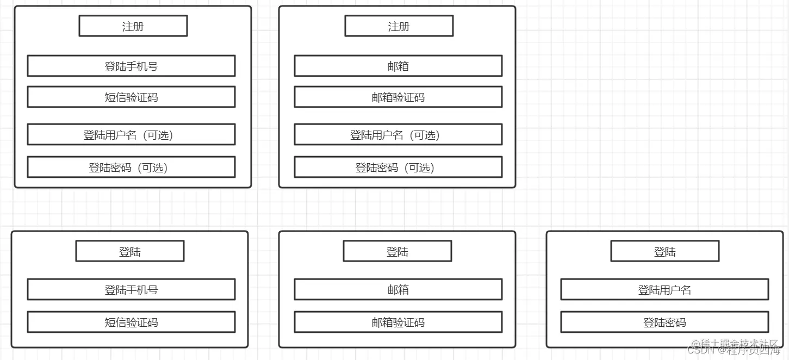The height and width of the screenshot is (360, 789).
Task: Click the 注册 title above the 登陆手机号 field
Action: click(x=133, y=26)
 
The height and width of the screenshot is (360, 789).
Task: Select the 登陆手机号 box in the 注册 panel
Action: click(x=131, y=66)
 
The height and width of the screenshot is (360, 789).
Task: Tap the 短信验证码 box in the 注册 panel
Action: click(x=131, y=97)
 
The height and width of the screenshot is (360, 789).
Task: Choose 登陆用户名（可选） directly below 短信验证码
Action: click(x=131, y=134)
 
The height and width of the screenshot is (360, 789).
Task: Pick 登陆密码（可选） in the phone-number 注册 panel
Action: click(x=131, y=167)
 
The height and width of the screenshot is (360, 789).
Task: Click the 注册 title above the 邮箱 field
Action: click(x=399, y=26)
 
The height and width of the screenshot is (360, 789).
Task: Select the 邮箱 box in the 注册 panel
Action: click(x=398, y=66)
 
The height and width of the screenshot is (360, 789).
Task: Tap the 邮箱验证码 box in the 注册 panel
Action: click(x=398, y=97)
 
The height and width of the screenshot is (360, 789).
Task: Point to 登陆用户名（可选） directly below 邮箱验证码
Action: click(x=398, y=134)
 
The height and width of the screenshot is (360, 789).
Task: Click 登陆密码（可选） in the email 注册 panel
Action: click(x=398, y=167)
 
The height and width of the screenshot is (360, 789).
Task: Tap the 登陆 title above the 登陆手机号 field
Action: click(x=130, y=251)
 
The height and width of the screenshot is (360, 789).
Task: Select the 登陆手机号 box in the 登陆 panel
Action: click(x=131, y=289)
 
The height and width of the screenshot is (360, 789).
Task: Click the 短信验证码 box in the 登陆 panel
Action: click(x=131, y=322)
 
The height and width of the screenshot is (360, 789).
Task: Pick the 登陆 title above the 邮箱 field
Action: click(x=397, y=251)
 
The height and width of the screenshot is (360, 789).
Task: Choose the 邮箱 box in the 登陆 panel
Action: click(x=398, y=289)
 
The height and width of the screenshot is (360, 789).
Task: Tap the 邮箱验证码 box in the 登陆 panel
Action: click(x=398, y=322)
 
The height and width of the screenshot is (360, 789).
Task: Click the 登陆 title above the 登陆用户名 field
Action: click(x=664, y=251)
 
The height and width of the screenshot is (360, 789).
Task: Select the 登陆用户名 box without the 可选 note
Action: click(x=664, y=289)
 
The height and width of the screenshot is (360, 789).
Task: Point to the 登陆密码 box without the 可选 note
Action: click(x=664, y=322)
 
